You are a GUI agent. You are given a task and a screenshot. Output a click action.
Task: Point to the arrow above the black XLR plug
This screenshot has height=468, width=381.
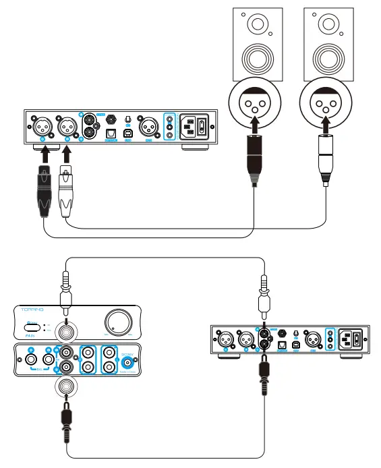(x=44, y=154)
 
